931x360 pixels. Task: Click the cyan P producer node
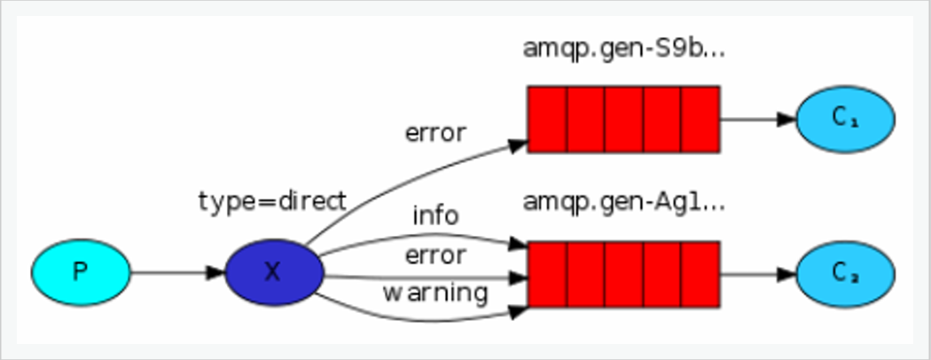(x=81, y=271)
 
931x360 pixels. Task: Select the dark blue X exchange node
(x=273, y=271)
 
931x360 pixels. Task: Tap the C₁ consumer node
(x=845, y=119)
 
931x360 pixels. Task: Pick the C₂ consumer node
(x=845, y=272)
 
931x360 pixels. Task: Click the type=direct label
(x=271, y=201)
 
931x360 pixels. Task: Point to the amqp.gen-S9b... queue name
(x=624, y=49)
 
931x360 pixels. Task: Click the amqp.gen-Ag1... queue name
(x=624, y=202)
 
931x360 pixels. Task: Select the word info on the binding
(x=435, y=215)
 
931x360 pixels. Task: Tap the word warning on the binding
(x=435, y=292)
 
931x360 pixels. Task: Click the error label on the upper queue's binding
(x=435, y=133)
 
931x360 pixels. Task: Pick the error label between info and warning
(x=435, y=255)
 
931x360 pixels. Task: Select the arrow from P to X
(x=177, y=271)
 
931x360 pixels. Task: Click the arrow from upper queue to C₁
(x=757, y=119)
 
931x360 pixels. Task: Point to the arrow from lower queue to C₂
(x=757, y=272)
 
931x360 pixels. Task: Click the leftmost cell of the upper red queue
(x=547, y=119)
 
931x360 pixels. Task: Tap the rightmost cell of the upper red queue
(x=700, y=119)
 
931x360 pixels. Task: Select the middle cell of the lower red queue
(x=623, y=272)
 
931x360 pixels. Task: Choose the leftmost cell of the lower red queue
(x=547, y=272)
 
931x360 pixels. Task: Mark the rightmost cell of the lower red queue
(x=700, y=272)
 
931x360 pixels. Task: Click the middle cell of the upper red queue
(x=623, y=119)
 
